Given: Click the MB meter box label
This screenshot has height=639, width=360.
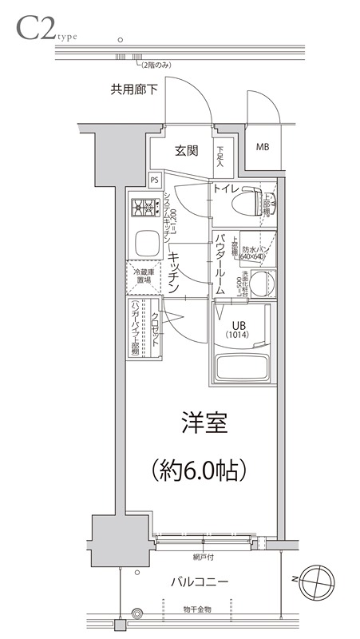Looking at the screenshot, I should point(262,148).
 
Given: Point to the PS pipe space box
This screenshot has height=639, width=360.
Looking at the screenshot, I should point(155,181).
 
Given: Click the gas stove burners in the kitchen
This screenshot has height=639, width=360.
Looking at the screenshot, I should point(143,209).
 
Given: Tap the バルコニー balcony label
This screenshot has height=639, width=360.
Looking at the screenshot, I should point(200,581).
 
